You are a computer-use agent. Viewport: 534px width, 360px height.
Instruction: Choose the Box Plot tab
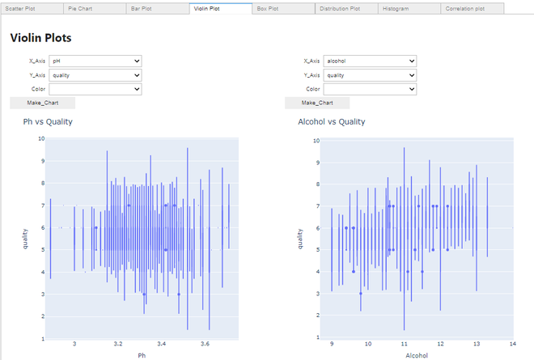pos(282,8)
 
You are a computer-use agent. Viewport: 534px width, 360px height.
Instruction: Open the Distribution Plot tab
pos(345,8)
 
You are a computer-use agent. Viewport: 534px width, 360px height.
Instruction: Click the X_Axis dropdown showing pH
pos(95,61)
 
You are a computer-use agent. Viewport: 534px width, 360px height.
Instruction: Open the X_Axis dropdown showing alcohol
pos(370,61)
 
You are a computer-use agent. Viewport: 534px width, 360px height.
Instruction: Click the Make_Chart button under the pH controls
pos(42,103)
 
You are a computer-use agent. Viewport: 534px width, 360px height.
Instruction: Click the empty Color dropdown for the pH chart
pos(95,89)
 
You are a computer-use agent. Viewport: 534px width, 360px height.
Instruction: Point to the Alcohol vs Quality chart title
pos(332,121)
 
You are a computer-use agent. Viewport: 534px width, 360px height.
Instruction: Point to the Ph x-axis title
pos(142,355)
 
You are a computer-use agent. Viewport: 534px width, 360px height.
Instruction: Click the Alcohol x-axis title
pos(416,355)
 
